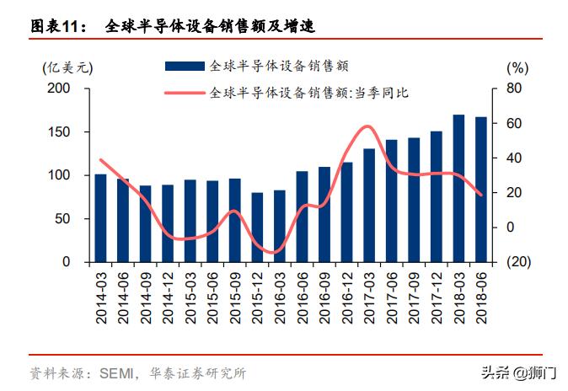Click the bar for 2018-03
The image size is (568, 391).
tap(458, 188)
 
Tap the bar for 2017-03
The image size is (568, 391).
tap(369, 205)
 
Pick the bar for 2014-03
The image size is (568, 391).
tap(100, 218)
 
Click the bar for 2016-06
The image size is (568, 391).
tap(302, 217)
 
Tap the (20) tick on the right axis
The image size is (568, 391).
tap(518, 262)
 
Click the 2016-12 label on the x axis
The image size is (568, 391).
tap(347, 293)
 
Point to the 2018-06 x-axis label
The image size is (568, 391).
tap(481, 293)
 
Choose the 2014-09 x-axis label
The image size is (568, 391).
tap(146, 293)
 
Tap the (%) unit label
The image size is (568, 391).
tap(517, 67)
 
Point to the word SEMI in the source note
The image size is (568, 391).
tap(116, 372)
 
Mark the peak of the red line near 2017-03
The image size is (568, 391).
tap(367, 127)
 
